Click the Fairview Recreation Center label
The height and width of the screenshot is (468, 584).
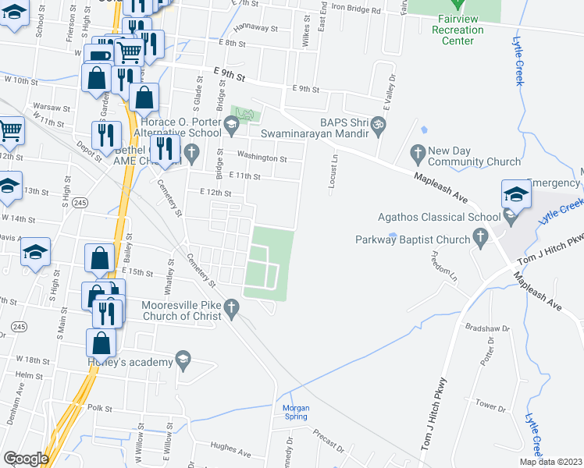click(x=458, y=30)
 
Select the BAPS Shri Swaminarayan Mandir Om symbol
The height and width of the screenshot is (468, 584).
click(x=378, y=123)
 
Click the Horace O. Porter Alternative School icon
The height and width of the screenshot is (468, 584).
click(x=231, y=123)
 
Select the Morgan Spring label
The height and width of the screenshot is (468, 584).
click(x=295, y=413)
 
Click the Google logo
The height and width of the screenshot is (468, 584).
click(x=26, y=459)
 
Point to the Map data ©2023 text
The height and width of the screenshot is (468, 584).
click(x=550, y=462)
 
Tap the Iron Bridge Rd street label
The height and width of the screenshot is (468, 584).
click(x=356, y=10)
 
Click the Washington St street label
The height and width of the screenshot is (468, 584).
click(x=262, y=158)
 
